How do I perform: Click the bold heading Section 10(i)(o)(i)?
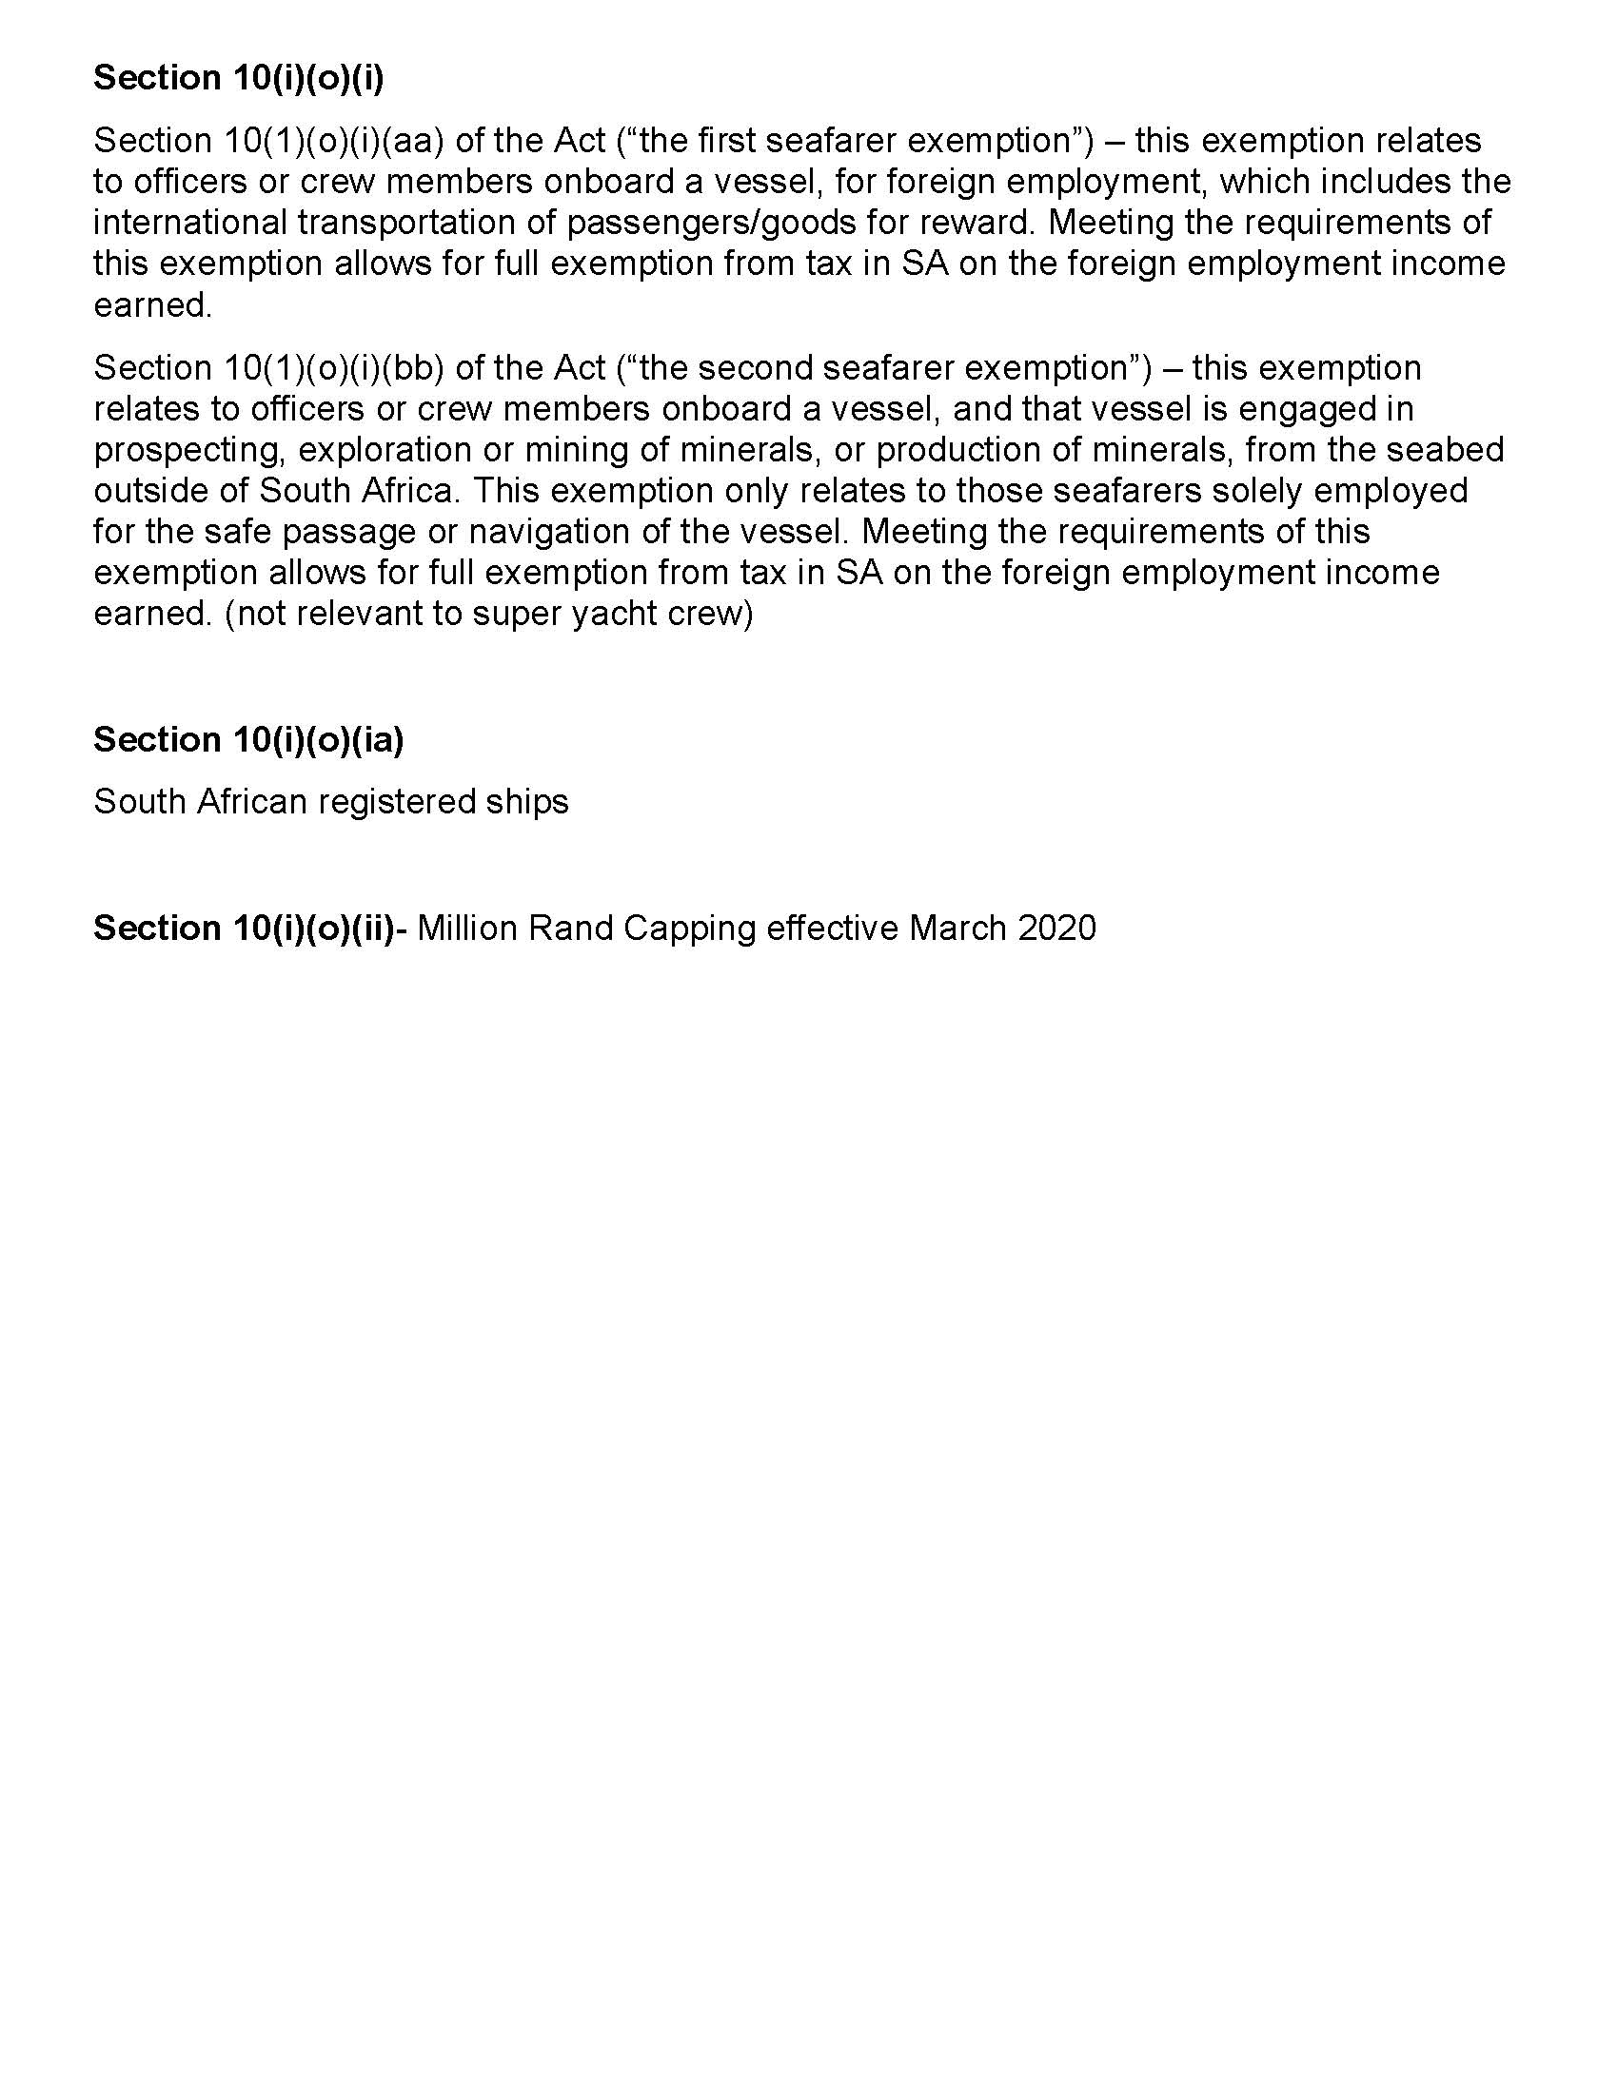[238, 79]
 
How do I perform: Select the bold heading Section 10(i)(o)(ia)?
[248, 739]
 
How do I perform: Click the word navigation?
[546, 532]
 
